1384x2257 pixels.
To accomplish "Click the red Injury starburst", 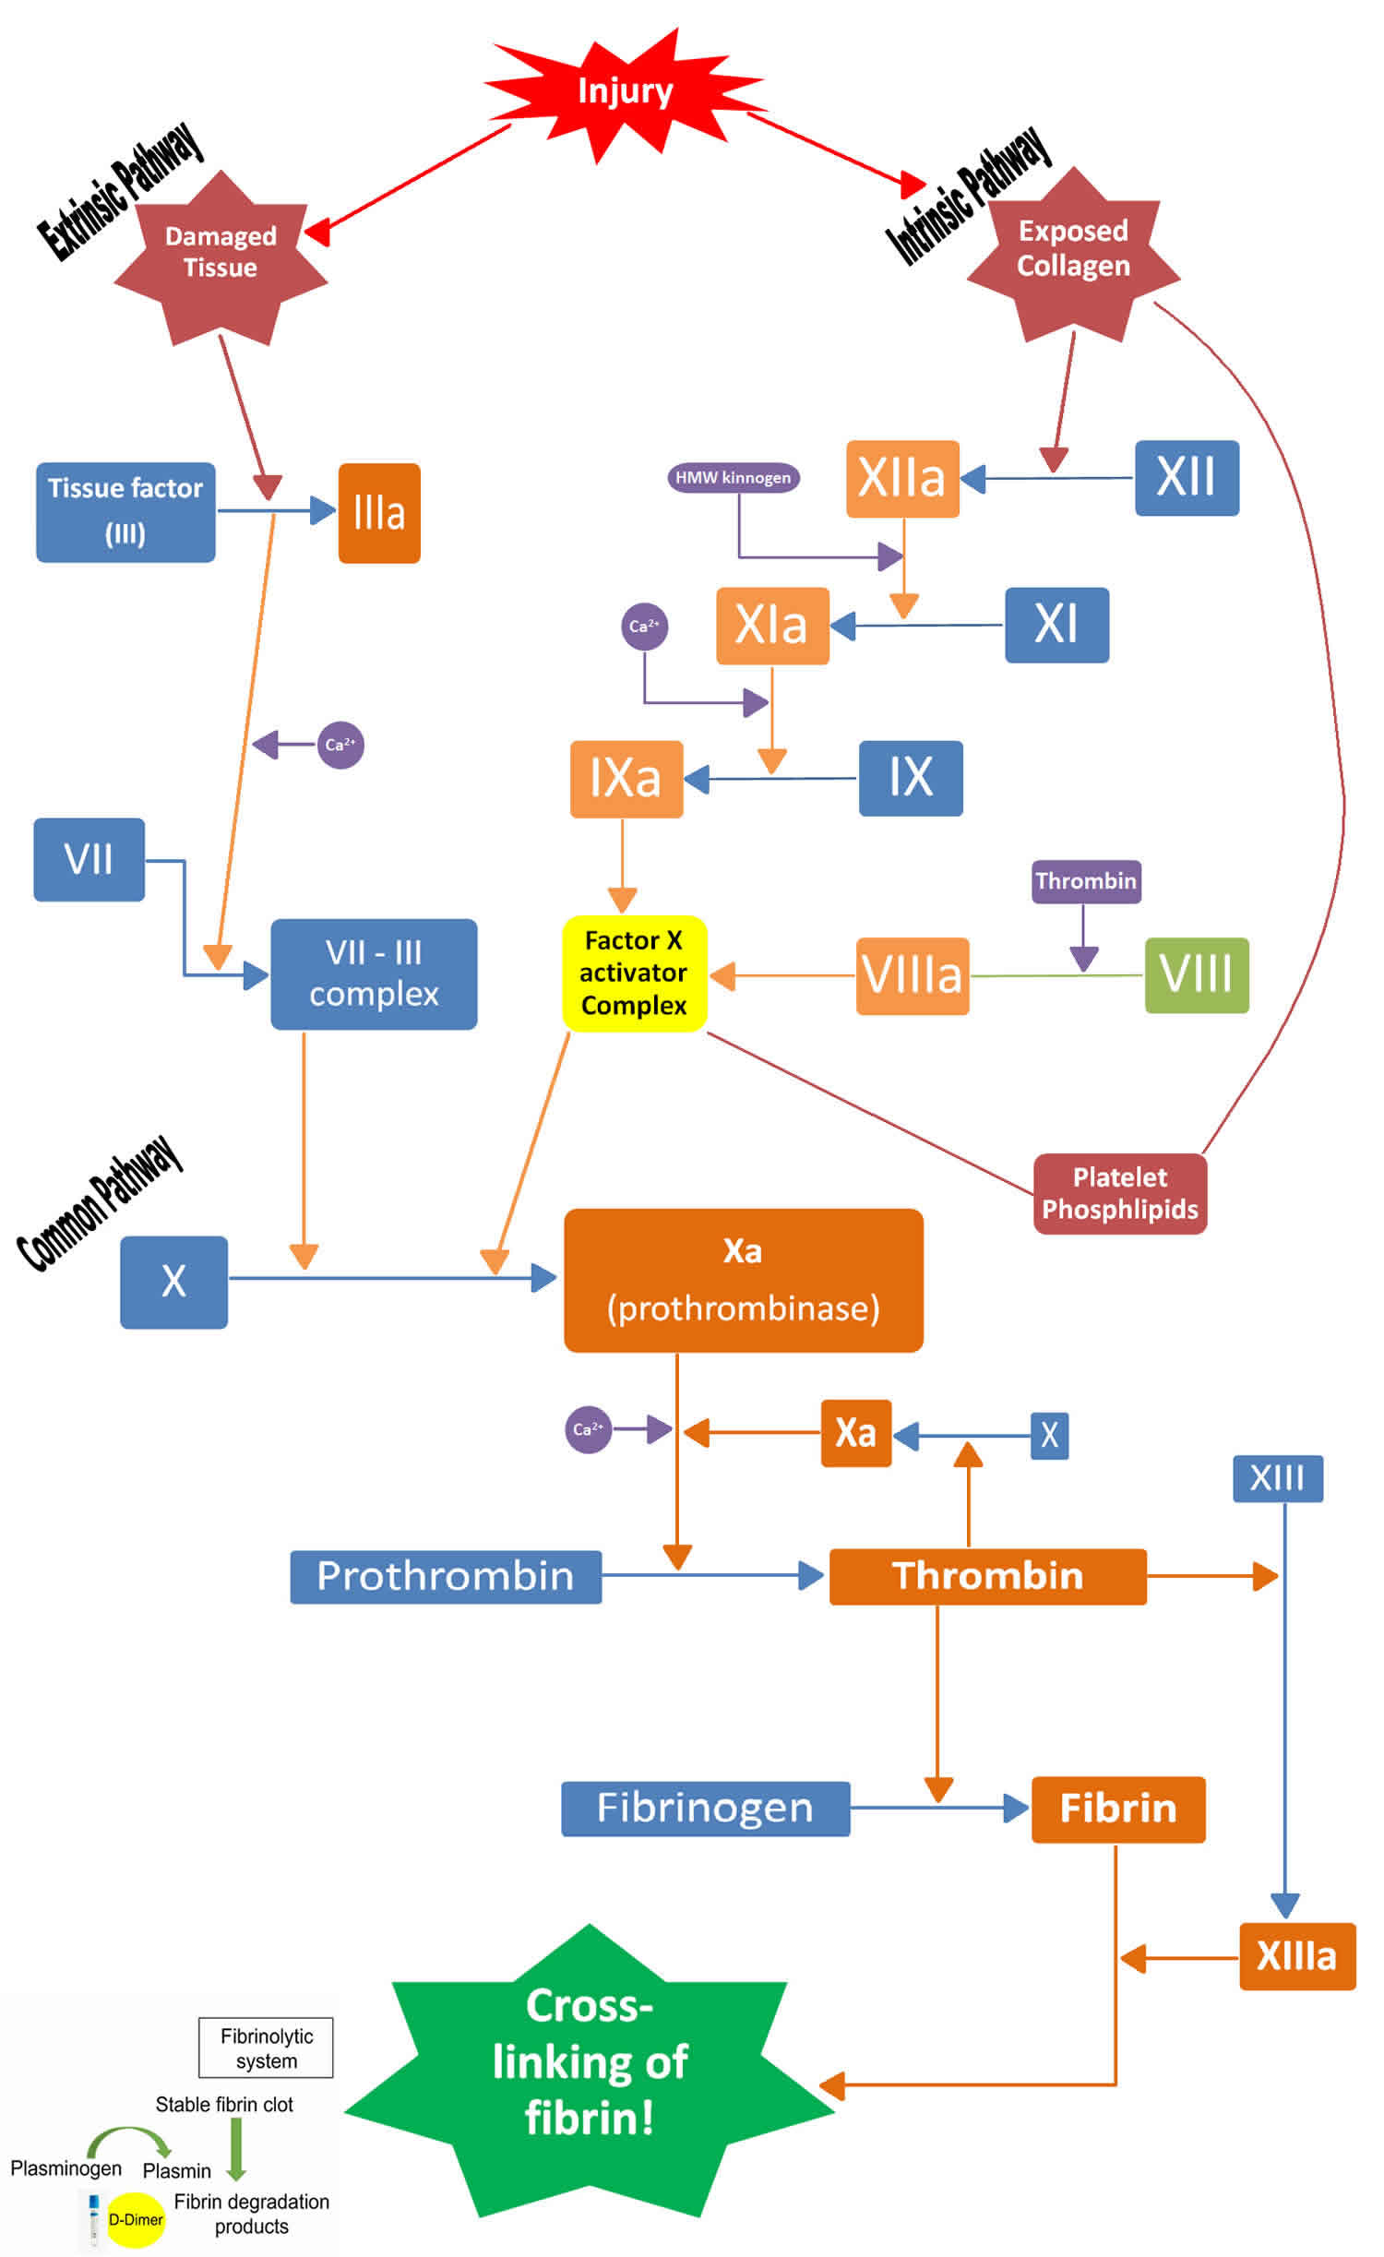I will [625, 92].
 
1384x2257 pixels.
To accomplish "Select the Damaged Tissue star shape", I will [221, 254].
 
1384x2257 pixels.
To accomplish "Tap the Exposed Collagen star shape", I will [1073, 249].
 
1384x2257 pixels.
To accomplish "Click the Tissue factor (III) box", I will [125, 511].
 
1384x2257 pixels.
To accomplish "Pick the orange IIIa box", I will [379, 513].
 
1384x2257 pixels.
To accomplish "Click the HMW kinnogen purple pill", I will [733, 477].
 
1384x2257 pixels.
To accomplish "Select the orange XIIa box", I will [902, 478].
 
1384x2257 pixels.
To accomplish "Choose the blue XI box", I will [1056, 625].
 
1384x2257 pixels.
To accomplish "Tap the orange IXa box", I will [626, 778].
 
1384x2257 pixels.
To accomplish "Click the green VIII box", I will [1196, 974].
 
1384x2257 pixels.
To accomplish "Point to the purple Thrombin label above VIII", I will [1085, 880].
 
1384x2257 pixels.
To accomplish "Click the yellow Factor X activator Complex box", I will [634, 973].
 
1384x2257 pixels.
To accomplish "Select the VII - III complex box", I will [374, 973].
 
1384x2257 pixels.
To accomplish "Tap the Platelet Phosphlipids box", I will [1119, 1193].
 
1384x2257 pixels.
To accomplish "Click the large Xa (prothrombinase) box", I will [743, 1280].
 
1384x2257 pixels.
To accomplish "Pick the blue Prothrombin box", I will [446, 1576].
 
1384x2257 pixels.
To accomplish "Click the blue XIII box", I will [1277, 1478].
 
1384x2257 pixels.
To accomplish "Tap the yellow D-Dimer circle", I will [136, 2219].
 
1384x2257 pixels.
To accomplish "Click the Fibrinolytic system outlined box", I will [266, 2048].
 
